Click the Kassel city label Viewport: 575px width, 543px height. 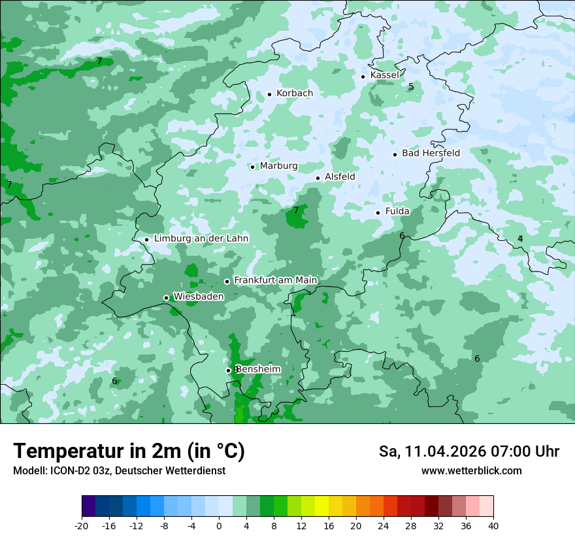tap(384, 75)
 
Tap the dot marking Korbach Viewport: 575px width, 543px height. tap(269, 94)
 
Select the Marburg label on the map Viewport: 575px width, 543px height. tap(278, 166)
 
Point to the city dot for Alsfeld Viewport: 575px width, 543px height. tap(318, 178)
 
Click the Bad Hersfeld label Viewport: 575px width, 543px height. tap(431, 153)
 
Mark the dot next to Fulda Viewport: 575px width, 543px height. tap(378, 213)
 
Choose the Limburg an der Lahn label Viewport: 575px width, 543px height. tap(201, 239)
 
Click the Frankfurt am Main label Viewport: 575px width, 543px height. tap(275, 280)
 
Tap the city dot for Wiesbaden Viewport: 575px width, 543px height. tap(167, 298)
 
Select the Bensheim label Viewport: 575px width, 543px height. tap(259, 369)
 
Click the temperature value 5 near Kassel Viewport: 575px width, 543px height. tap(411, 86)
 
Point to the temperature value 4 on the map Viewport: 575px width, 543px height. tap(520, 239)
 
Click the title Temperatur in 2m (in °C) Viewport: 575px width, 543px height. tap(129, 451)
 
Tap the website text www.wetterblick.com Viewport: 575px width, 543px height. tap(471, 471)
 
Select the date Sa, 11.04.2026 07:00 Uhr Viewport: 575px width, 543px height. tap(468, 451)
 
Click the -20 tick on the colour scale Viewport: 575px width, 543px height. tap(82, 525)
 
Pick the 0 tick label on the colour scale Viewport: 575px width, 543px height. tap(219, 525)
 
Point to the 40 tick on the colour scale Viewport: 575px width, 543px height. tap(493, 525)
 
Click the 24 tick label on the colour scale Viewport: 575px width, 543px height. tap(384, 525)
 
